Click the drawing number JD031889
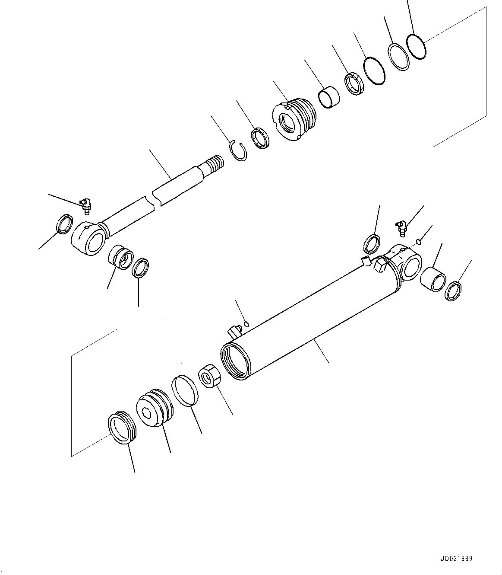pos(456,558)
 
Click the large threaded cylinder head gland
pos(294,119)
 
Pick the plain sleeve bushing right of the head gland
pos(328,97)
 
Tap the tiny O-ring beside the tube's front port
pos(246,324)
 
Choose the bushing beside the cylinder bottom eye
pos(433,279)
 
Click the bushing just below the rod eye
pos(121,256)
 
